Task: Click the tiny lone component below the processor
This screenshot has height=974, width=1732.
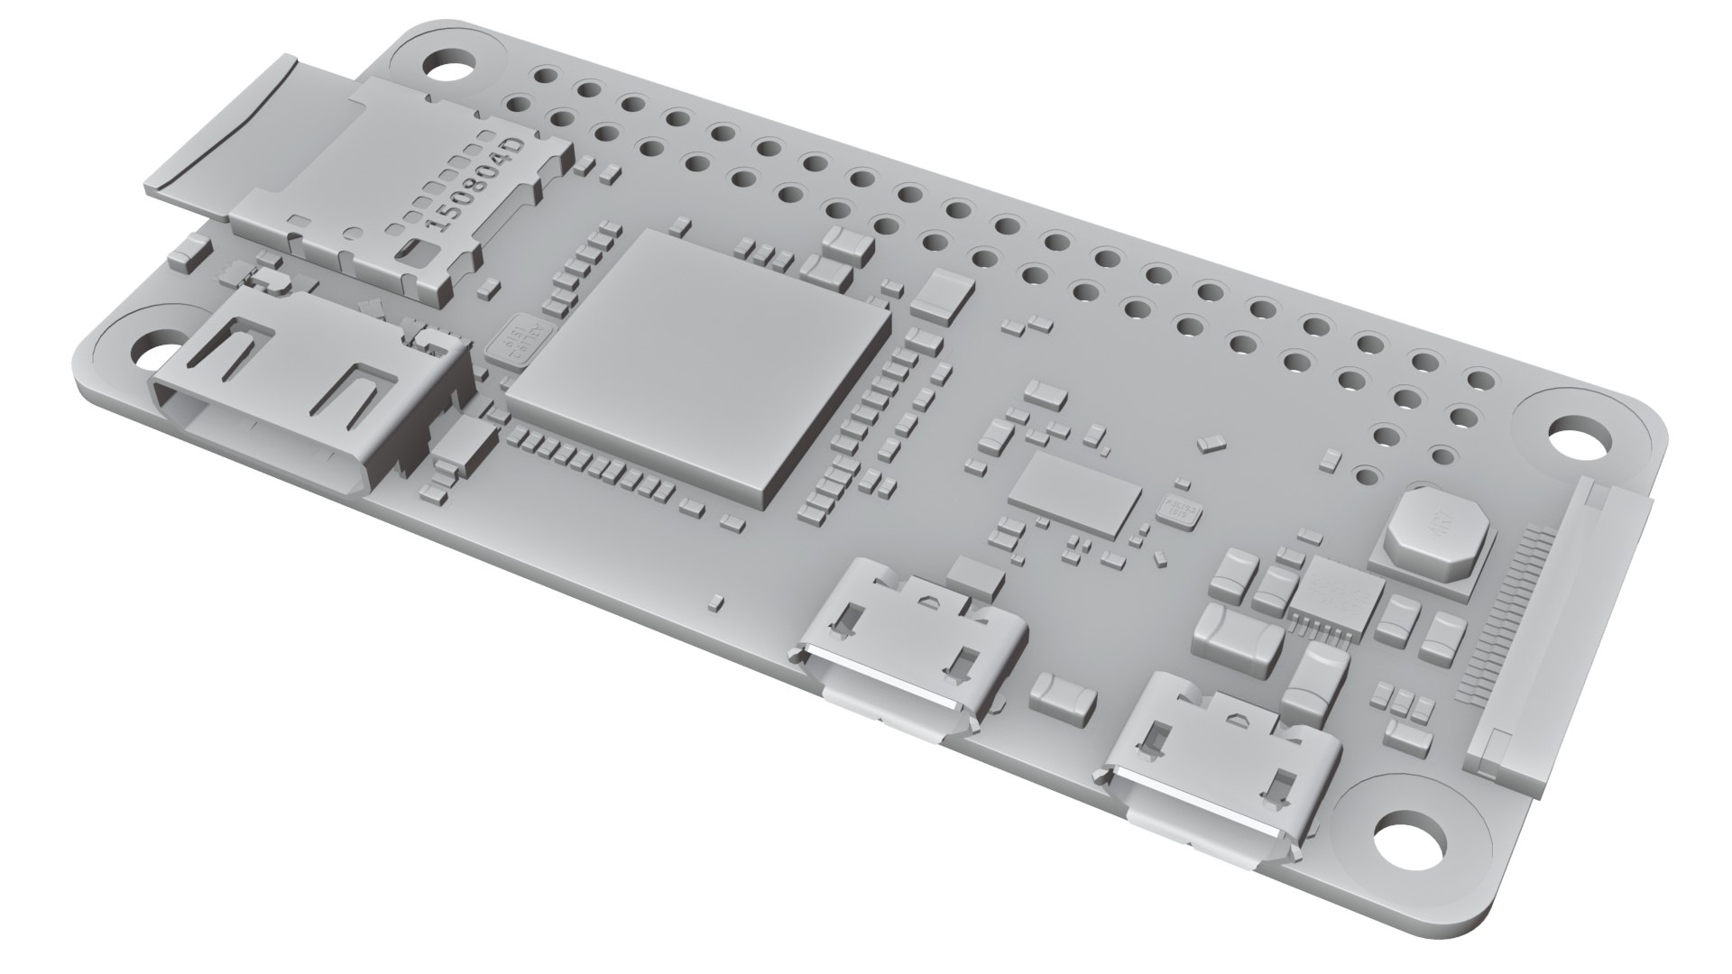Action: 714,599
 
